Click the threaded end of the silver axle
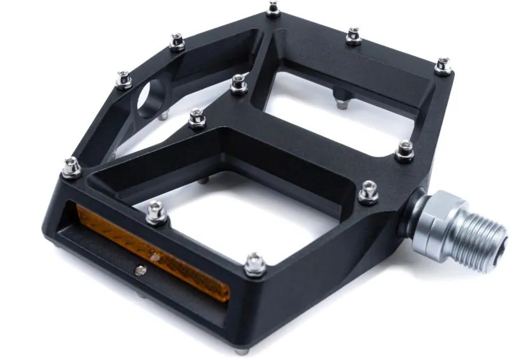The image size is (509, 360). pyautogui.click(x=487, y=242)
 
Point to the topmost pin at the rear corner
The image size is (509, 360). pyautogui.click(x=274, y=8)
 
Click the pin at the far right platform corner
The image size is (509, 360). pyautogui.click(x=443, y=65)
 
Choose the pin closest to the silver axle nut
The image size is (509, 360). pyautogui.click(x=368, y=191)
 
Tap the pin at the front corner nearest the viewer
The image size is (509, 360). pyautogui.click(x=255, y=263)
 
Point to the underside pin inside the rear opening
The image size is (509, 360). pyautogui.click(x=342, y=96)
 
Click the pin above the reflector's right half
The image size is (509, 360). pyautogui.click(x=157, y=212)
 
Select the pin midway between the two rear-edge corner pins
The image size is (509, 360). pyautogui.click(x=354, y=36)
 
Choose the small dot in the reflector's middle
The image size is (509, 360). pyautogui.click(x=155, y=257)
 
